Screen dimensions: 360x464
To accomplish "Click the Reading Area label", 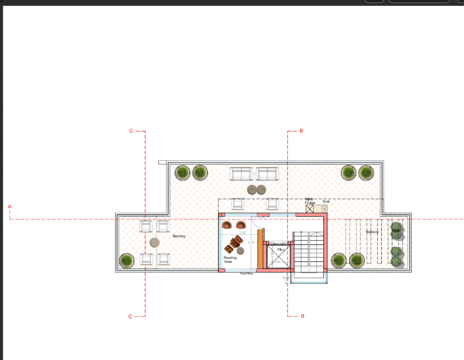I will coord(230,259).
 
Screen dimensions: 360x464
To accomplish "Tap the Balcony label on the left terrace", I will coord(179,236).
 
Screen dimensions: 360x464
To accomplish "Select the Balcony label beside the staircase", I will coord(372,232).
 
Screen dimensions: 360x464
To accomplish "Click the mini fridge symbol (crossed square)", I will coord(309,209).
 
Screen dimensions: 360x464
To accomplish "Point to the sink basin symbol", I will coord(324,209).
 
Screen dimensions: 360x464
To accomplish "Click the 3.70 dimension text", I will coord(251,243).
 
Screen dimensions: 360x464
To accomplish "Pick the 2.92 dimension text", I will coord(242,233).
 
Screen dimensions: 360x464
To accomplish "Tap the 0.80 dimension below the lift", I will coord(286,278).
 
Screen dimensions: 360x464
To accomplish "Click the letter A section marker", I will coord(9,206).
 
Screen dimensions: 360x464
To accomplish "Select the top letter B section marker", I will coord(301,131).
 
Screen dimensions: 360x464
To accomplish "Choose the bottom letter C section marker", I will coord(130,316).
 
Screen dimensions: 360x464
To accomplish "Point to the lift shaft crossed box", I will coord(278,256).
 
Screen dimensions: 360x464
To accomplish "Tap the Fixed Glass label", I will coord(246,273).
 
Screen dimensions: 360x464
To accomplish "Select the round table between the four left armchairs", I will coord(155,243).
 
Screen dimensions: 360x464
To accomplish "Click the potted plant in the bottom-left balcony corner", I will coord(126,260).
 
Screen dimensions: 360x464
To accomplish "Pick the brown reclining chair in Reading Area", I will coord(235,243).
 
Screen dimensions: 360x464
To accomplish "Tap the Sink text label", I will coord(326,202).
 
